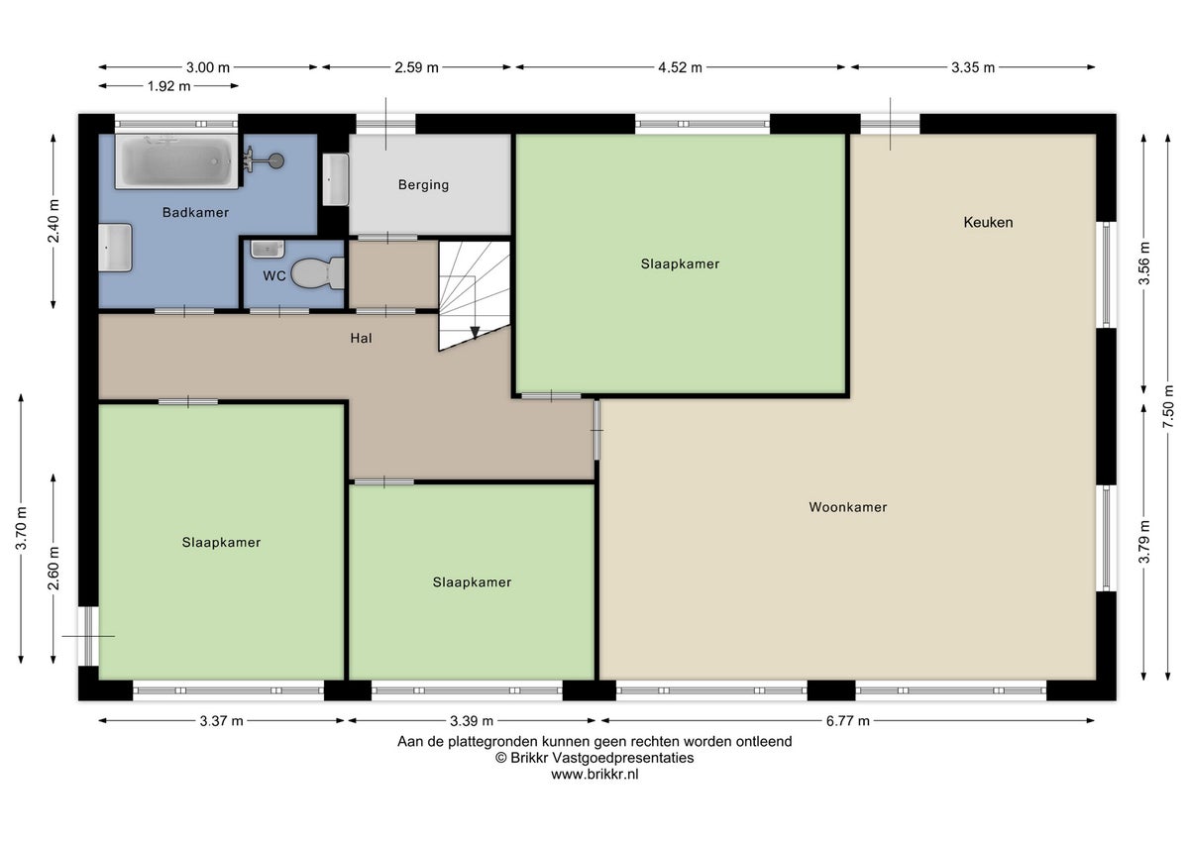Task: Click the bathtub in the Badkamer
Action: [x=176, y=162]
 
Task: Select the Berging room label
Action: [x=423, y=184]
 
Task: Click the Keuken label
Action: [x=988, y=222]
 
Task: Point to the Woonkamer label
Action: [x=847, y=507]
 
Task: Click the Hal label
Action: [x=361, y=338]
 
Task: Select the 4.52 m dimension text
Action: [x=680, y=67]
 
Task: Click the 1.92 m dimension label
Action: [x=167, y=86]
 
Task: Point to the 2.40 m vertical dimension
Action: [x=54, y=221]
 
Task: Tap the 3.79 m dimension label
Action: [x=1143, y=541]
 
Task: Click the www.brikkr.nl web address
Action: [x=594, y=775]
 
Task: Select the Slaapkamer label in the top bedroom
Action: [x=680, y=263]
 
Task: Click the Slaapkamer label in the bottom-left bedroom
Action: [x=221, y=542]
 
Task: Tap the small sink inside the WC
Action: [x=267, y=249]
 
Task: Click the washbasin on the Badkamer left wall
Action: [x=115, y=247]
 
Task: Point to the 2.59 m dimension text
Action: [x=416, y=67]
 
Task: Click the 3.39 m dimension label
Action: [x=471, y=721]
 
